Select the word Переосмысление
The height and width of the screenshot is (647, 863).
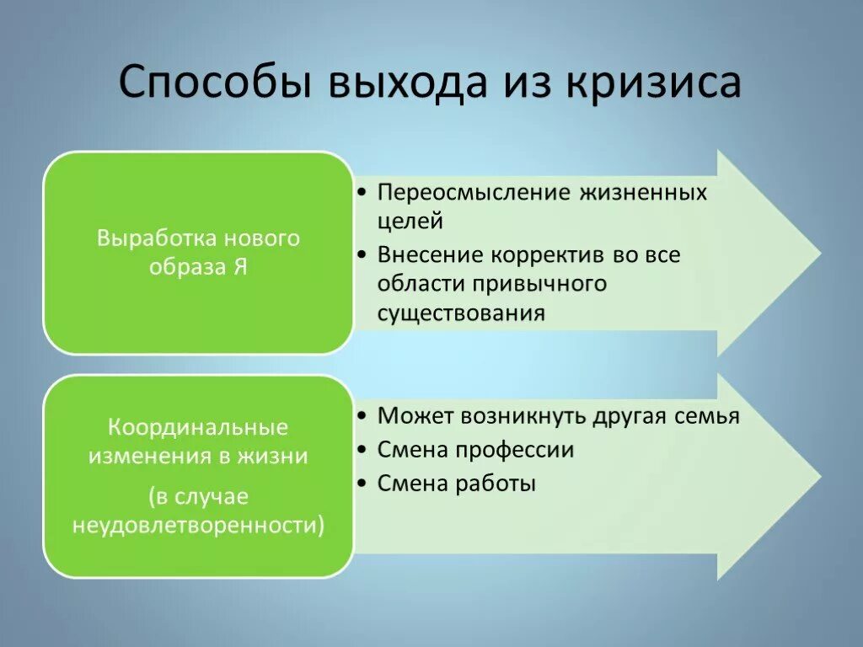coord(474,193)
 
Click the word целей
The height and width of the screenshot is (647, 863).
coord(410,222)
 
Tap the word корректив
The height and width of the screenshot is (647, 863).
coord(551,254)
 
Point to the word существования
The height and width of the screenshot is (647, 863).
coord(461,313)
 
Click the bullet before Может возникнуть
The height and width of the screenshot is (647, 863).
coord(361,417)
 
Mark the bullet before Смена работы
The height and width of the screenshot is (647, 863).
coord(361,484)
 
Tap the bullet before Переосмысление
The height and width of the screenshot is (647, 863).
coord(361,194)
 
